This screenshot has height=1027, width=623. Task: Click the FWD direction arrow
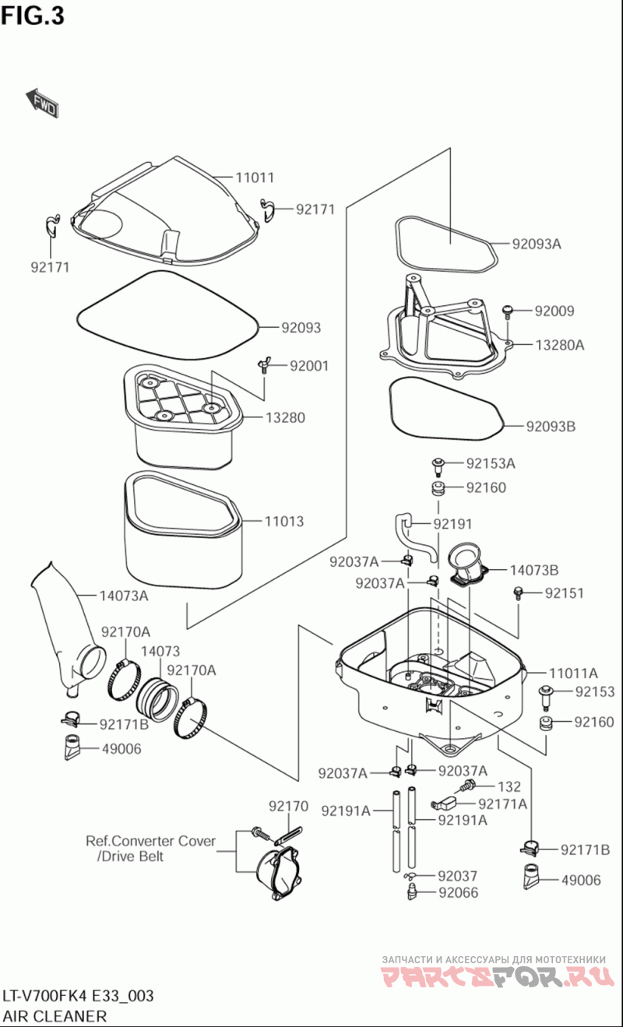tap(42, 102)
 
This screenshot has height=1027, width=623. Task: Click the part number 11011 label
tap(255, 178)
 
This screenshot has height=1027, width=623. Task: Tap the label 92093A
tap(537, 244)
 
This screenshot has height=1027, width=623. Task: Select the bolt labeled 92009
tap(508, 311)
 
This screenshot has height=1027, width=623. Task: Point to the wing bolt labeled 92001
tap(263, 366)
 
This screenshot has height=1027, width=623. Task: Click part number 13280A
tap(560, 345)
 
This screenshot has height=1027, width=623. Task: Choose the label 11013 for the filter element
tap(284, 522)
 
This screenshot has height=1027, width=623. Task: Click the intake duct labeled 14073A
tap(66, 628)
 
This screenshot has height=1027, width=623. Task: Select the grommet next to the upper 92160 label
tap(438, 488)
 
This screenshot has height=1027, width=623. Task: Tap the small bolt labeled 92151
tap(519, 593)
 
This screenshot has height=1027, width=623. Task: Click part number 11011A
tap(573, 673)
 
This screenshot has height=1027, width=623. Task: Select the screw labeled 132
tap(466, 786)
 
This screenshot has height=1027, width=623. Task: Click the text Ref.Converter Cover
tap(151, 841)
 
